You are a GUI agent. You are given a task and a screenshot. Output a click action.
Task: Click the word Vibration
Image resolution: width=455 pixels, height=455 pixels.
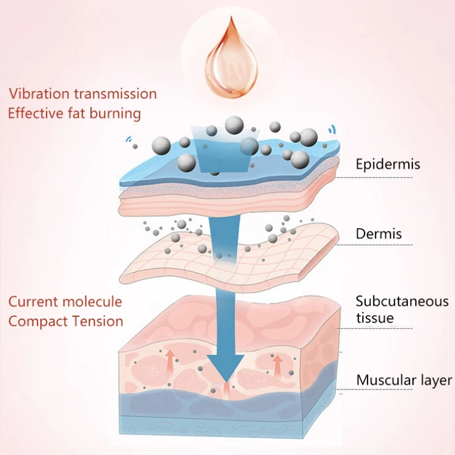pos(36,93)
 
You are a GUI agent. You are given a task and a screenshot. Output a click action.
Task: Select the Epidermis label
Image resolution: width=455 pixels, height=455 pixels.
pos(388,164)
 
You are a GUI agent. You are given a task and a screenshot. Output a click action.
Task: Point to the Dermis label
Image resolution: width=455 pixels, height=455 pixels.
pos(379,233)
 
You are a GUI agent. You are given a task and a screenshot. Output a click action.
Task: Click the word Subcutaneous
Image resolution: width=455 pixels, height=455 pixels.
pos(402,301)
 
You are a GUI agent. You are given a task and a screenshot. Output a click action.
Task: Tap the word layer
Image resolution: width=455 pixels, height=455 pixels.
pos(435,380)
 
